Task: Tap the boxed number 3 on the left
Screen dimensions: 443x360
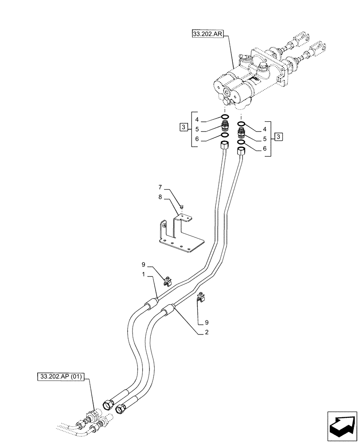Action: pyautogui.click(x=184, y=128)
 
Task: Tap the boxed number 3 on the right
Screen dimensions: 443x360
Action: pyautogui.click(x=278, y=136)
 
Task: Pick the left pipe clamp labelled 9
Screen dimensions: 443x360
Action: pyautogui.click(x=169, y=280)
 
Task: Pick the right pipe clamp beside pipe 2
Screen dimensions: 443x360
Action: pyautogui.click(x=200, y=299)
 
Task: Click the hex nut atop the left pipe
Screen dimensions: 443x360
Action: pyautogui.click(x=224, y=145)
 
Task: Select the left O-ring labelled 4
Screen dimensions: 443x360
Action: pyautogui.click(x=225, y=117)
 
